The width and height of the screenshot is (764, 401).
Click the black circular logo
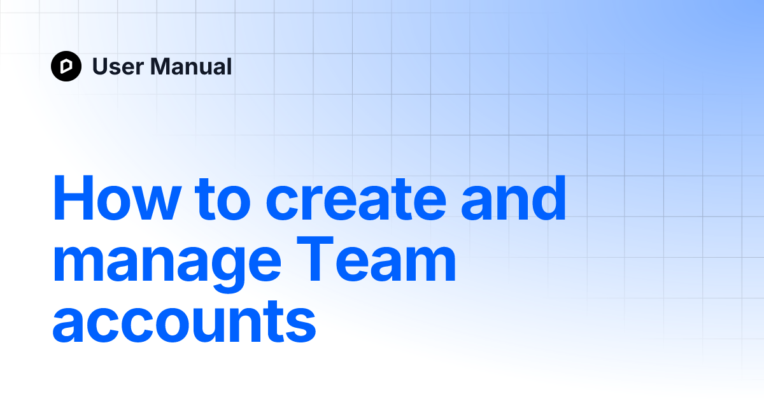click(x=66, y=66)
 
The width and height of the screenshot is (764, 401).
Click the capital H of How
click(x=71, y=198)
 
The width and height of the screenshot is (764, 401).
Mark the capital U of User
click(x=101, y=66)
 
